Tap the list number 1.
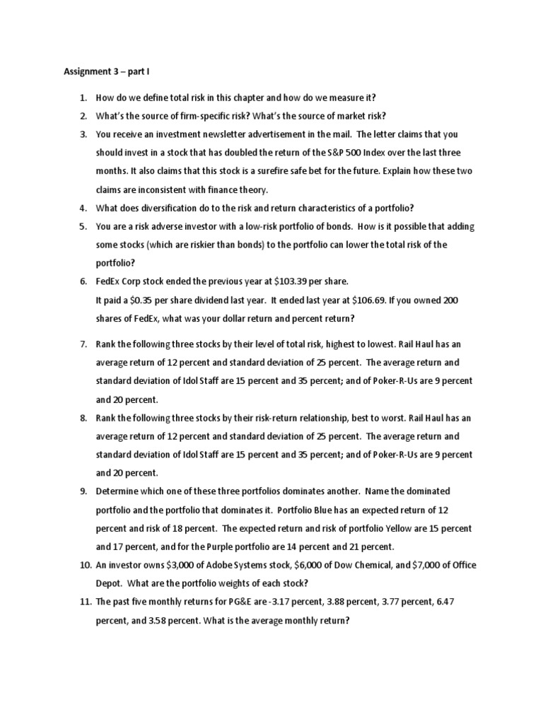click(83, 97)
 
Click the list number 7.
click(83, 344)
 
